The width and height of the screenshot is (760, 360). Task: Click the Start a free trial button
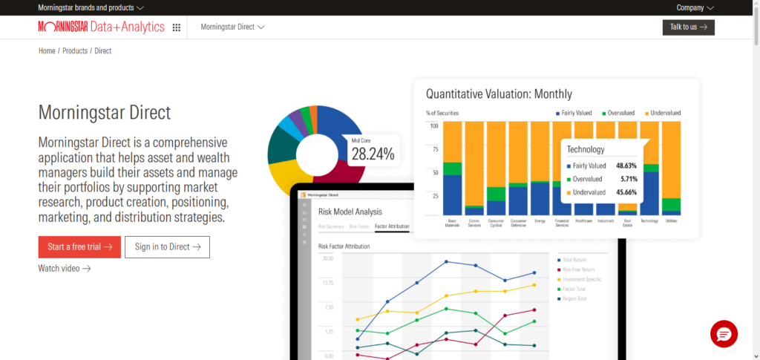pos(79,246)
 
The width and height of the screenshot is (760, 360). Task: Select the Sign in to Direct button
pos(167,246)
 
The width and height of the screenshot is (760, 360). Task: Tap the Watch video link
pos(65,268)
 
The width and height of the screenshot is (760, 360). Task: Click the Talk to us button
pos(688,27)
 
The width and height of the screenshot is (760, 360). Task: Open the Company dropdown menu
pos(695,7)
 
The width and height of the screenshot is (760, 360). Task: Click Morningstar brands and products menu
pos(91,7)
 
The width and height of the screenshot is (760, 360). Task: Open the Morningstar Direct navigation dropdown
pos(232,27)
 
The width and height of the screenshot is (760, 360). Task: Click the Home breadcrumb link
pos(47,50)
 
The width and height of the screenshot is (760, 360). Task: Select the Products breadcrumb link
pos(74,50)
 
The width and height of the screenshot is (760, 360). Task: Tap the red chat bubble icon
pos(724,334)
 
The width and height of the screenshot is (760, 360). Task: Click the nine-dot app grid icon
pos(177,27)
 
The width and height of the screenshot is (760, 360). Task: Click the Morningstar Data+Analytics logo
pos(101,27)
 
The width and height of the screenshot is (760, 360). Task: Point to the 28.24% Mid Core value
pos(373,154)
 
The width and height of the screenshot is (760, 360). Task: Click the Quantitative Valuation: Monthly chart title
pos(499,94)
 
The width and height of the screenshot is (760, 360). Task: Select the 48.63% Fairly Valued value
pos(626,166)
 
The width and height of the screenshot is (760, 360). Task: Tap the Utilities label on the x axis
pos(671,221)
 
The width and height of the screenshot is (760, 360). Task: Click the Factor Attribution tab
pos(392,226)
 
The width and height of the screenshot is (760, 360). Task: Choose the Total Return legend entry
pos(574,259)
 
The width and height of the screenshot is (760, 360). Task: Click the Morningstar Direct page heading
pos(105,113)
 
